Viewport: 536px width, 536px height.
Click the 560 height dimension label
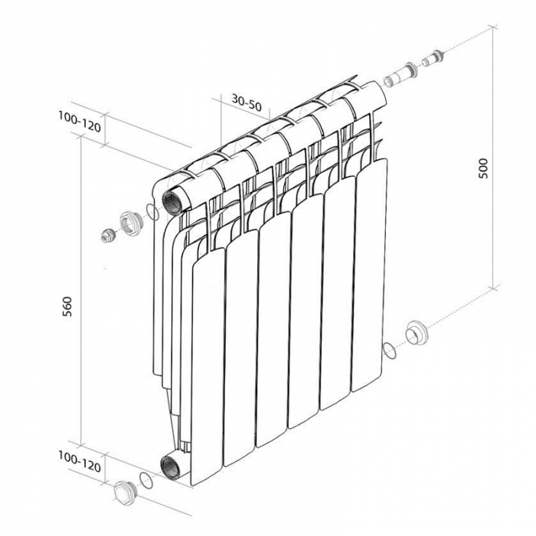(x=68, y=306)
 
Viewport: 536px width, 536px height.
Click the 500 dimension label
(x=484, y=168)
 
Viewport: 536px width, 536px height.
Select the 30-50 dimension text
(x=247, y=103)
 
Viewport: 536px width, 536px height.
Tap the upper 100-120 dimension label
(x=80, y=122)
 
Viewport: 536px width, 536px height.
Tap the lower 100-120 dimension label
(x=80, y=462)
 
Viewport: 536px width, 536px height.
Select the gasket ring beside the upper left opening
(x=152, y=212)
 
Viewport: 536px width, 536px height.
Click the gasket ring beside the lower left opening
(x=145, y=482)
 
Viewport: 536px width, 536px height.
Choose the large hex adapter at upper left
(x=130, y=224)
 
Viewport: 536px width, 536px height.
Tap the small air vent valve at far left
(x=108, y=235)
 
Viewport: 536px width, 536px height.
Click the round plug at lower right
(x=417, y=332)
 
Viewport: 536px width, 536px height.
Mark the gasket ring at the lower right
(x=390, y=350)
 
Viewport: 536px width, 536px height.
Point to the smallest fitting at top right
(x=433, y=57)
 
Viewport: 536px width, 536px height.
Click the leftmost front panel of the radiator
(x=208, y=366)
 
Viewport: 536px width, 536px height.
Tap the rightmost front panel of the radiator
(x=371, y=274)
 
